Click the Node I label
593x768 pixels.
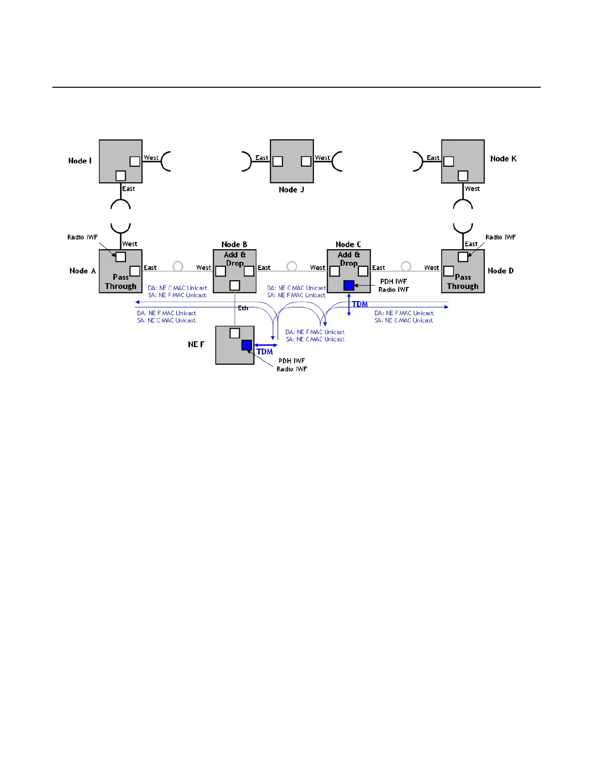pyautogui.click(x=80, y=161)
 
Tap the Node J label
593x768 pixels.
pyautogui.click(x=291, y=190)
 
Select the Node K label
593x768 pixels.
pyautogui.click(x=503, y=159)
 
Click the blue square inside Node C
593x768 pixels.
pyautogui.click(x=349, y=286)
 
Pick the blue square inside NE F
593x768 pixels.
pyautogui.click(x=247, y=345)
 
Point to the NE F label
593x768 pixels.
pyautogui.click(x=196, y=344)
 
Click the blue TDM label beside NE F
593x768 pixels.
pyautogui.click(x=265, y=352)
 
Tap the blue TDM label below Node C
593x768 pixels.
pyautogui.click(x=359, y=304)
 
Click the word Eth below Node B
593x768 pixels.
pyautogui.click(x=243, y=308)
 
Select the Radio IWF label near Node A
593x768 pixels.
pyautogui.click(x=82, y=238)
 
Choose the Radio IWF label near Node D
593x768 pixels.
pyautogui.click(x=500, y=238)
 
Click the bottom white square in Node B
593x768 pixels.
pyautogui.click(x=234, y=286)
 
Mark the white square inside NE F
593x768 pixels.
pyautogui.click(x=234, y=333)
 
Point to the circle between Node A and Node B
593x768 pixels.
pyautogui.click(x=178, y=266)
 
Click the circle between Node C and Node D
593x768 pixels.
pyautogui.click(x=406, y=266)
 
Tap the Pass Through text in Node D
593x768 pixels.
pyautogui.click(x=463, y=282)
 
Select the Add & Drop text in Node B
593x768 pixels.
pyautogui.click(x=235, y=259)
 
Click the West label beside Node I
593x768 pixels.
pyautogui.click(x=151, y=158)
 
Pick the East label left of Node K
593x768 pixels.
pyautogui.click(x=433, y=158)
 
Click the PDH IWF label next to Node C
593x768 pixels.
pyautogui.click(x=393, y=282)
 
